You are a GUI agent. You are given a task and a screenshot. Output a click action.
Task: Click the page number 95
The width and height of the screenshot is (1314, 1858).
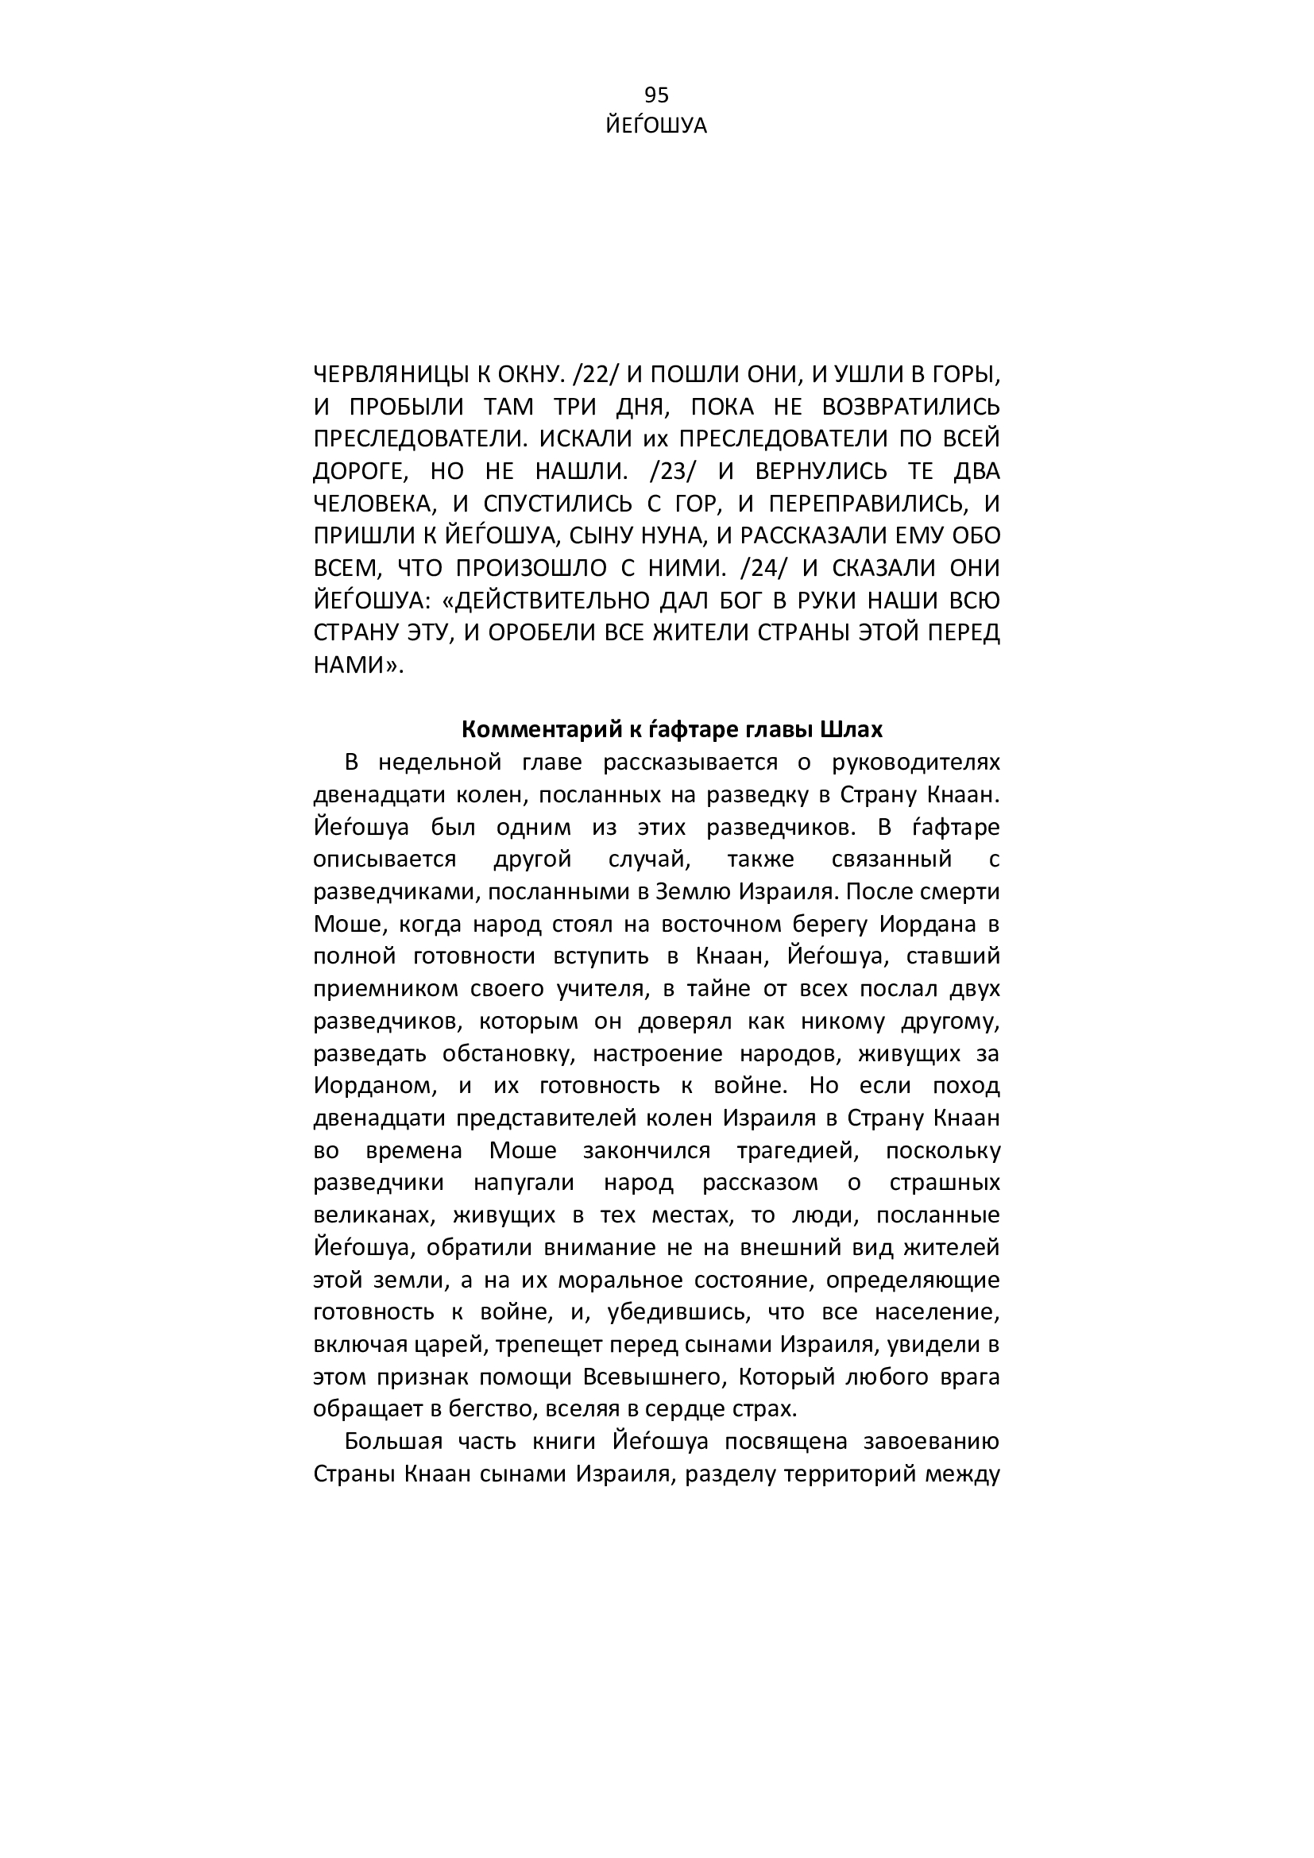[x=656, y=95]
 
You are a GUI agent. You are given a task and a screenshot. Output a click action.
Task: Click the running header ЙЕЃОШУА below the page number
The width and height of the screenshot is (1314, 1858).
[x=656, y=126]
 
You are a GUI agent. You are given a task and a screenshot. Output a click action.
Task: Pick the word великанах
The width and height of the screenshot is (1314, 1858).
[x=368, y=1215]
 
